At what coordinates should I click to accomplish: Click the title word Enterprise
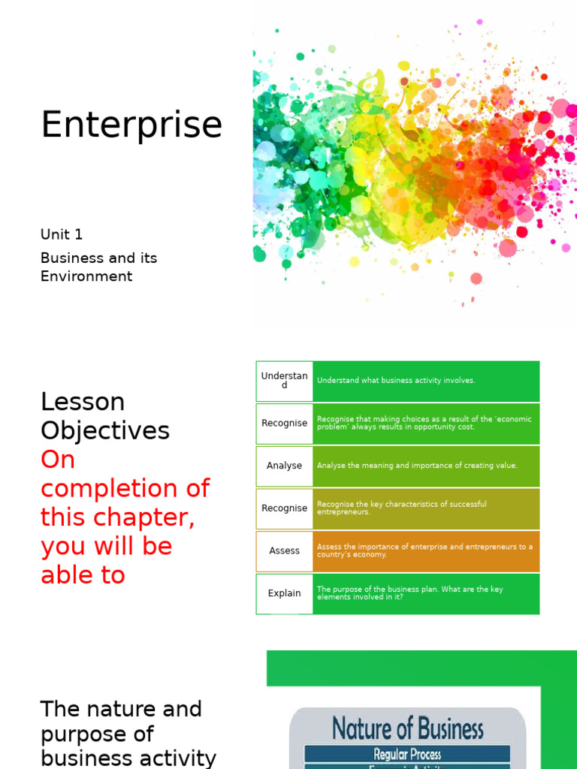point(131,125)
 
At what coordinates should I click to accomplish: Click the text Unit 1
point(62,234)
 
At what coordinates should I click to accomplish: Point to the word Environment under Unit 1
point(86,276)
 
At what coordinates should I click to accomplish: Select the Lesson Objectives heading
point(105,416)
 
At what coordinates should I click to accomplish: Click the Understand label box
point(284,380)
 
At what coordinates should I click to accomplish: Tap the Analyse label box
point(284,466)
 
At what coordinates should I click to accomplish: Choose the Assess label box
point(284,550)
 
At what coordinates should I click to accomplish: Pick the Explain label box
point(284,593)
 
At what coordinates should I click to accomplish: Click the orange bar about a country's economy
point(426,550)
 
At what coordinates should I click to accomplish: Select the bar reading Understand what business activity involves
point(426,381)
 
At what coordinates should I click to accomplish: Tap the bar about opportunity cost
point(426,423)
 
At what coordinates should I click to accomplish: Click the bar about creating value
point(426,466)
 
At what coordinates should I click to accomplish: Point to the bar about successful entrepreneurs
point(426,508)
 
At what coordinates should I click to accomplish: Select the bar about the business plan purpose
point(426,593)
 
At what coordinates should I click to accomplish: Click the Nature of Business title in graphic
point(408,728)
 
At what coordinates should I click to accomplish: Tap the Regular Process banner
point(407,754)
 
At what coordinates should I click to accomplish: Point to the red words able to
point(83,575)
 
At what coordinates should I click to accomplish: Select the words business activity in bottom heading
point(128,758)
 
